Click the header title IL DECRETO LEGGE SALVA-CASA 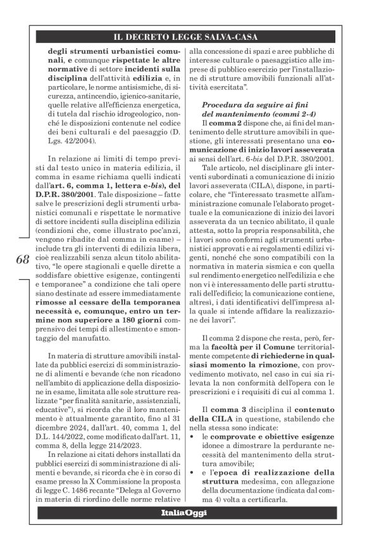click(183, 37)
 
